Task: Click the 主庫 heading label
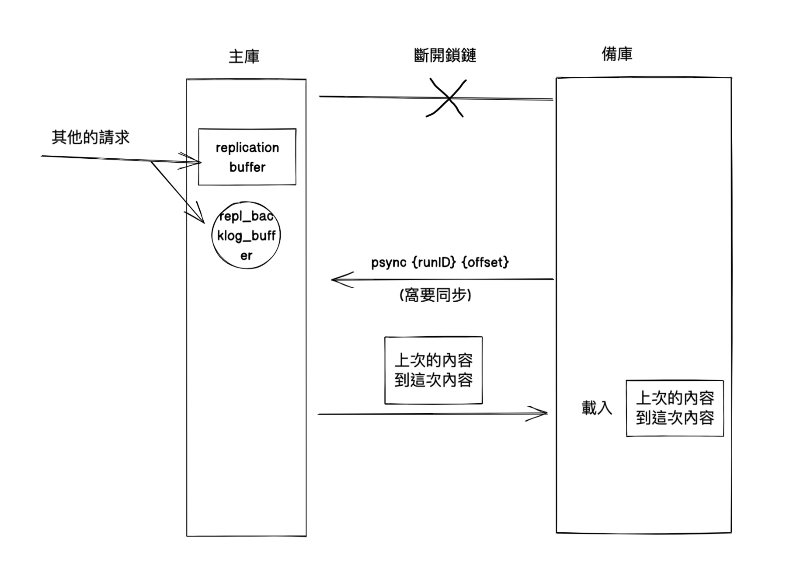(x=244, y=56)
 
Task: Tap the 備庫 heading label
(x=617, y=54)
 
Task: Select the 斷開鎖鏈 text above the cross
(x=445, y=56)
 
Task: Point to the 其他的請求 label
(x=90, y=137)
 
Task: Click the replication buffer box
(x=247, y=157)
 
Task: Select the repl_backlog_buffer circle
(x=246, y=235)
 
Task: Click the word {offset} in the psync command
(x=485, y=262)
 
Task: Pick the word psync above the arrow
(x=389, y=262)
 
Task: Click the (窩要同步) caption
(x=435, y=295)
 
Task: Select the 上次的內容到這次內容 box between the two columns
(x=433, y=370)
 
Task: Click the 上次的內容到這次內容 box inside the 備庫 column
(x=675, y=408)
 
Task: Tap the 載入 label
(x=596, y=408)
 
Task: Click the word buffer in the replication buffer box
(x=247, y=167)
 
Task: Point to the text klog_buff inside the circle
(x=246, y=236)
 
